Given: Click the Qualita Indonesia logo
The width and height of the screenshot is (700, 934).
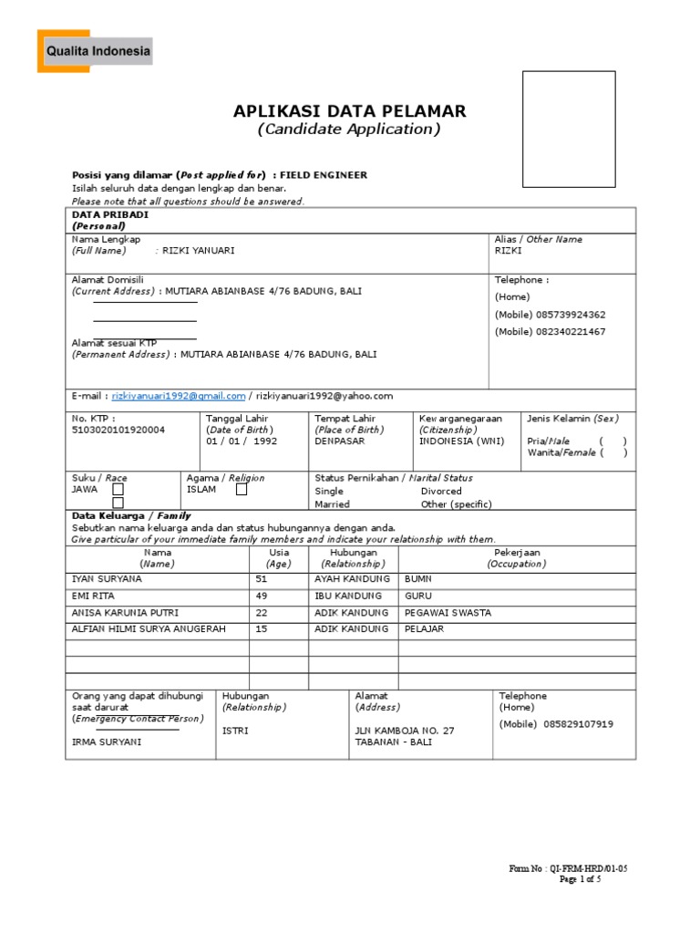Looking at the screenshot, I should tap(95, 51).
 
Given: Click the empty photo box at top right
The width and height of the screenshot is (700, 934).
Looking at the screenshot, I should tap(574, 127).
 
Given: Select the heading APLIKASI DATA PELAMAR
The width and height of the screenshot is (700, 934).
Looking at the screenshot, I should tap(349, 111).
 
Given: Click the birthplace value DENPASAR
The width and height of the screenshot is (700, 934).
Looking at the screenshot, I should tap(339, 441).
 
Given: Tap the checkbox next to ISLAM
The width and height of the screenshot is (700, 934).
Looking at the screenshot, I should tap(242, 489).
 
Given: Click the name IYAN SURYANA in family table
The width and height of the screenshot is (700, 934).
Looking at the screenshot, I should tap(107, 579).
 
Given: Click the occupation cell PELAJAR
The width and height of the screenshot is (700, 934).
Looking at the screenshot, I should tap(424, 629).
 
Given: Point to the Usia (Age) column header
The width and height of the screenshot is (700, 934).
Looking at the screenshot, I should tap(279, 558).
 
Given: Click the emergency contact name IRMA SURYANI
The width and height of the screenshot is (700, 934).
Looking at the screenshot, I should tap(107, 742).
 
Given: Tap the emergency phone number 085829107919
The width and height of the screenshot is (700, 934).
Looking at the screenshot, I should tap(579, 724).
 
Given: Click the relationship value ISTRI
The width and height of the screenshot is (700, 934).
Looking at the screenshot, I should tap(235, 731).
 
